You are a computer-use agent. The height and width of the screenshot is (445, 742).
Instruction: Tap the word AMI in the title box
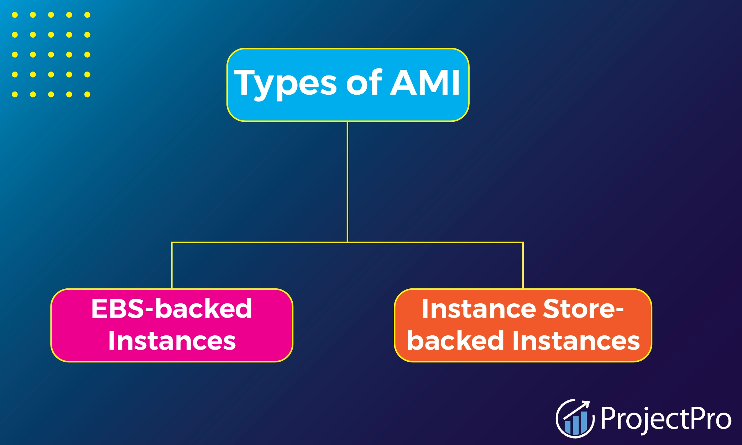[x=425, y=83]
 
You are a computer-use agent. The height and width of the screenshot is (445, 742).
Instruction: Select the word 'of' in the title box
[x=364, y=83]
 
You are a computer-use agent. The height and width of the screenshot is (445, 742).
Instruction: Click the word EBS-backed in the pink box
[x=172, y=309]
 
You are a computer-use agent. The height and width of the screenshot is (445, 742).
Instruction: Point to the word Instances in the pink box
[x=172, y=341]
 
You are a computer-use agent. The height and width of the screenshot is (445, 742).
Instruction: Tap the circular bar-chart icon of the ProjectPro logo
[x=575, y=419]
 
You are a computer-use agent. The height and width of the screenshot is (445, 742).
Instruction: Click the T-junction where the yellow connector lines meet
[x=348, y=242]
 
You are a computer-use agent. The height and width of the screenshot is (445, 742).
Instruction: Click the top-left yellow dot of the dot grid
[x=15, y=15]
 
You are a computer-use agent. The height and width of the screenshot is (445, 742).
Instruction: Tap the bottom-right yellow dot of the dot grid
[x=87, y=94]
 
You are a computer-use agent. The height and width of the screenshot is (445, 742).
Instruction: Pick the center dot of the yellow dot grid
[x=51, y=54]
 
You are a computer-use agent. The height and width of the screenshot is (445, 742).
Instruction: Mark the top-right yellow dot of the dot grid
[x=87, y=15]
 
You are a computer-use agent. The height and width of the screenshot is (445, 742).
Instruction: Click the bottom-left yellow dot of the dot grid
[x=15, y=94]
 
